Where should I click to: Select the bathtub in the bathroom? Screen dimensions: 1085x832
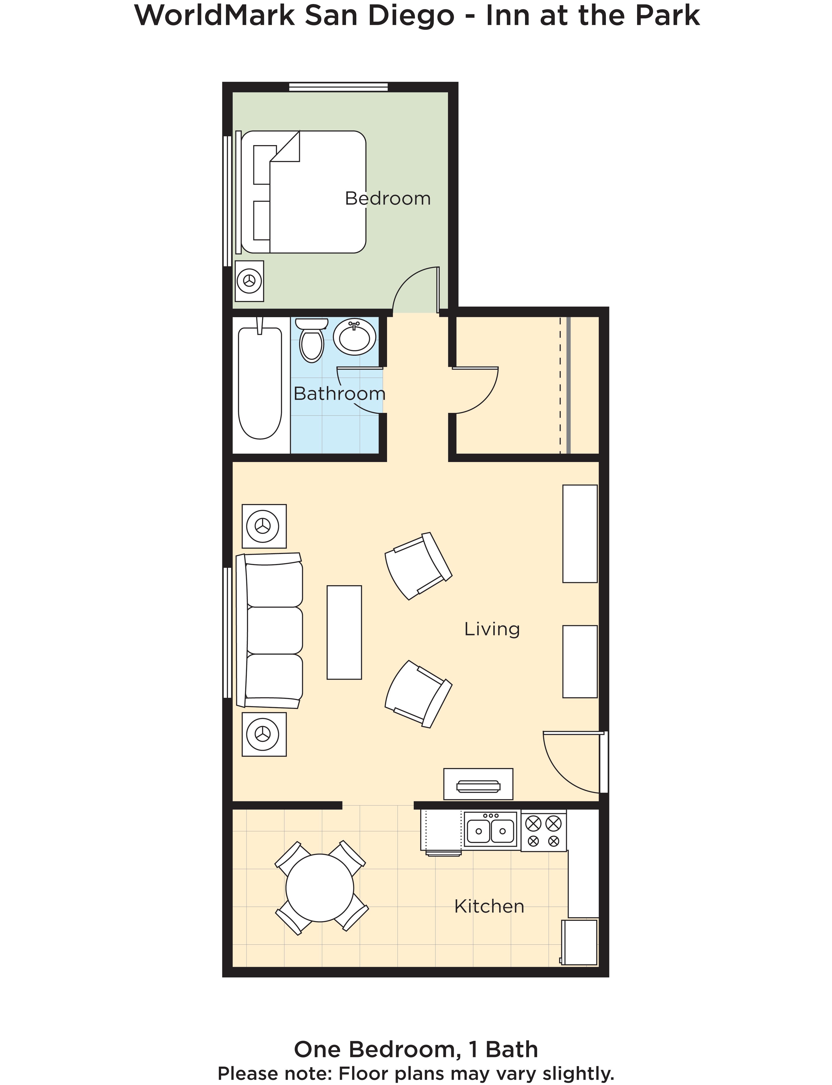260,382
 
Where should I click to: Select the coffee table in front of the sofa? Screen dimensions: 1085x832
344,632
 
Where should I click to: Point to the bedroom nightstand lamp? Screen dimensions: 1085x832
249,281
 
